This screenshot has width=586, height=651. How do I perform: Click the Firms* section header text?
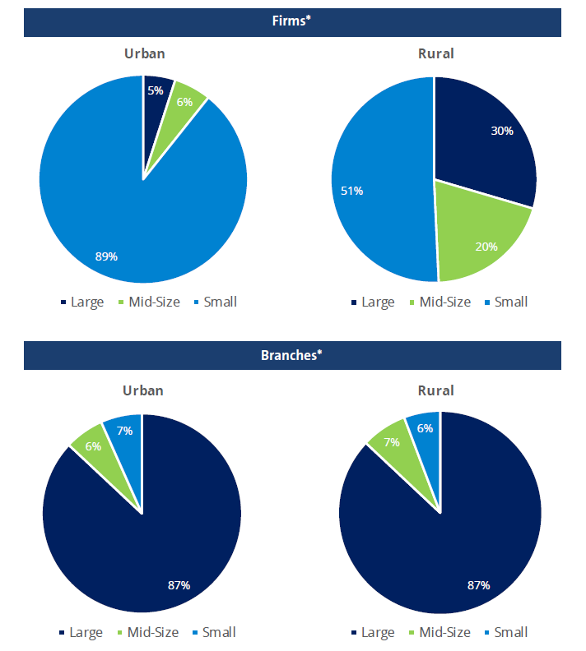292,21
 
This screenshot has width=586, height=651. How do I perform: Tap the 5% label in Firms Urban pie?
156,90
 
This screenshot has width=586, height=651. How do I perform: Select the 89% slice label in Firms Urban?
106,256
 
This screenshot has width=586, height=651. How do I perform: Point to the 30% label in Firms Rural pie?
502,131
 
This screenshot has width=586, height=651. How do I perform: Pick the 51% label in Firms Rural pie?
352,191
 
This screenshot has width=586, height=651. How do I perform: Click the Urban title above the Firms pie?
144,54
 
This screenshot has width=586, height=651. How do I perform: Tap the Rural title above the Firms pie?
435,54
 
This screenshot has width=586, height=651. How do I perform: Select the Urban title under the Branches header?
144,390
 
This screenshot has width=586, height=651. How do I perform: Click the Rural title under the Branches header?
435,390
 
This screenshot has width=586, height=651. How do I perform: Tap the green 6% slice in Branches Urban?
93,446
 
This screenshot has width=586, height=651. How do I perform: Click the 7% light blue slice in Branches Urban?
123,430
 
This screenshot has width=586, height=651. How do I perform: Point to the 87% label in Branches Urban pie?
179,585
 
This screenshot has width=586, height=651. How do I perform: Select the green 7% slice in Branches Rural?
391,442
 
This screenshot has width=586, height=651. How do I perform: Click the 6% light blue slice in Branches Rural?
424,427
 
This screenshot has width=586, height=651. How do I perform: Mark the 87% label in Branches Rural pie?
478,585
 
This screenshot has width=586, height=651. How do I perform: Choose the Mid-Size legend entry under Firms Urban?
154,302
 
